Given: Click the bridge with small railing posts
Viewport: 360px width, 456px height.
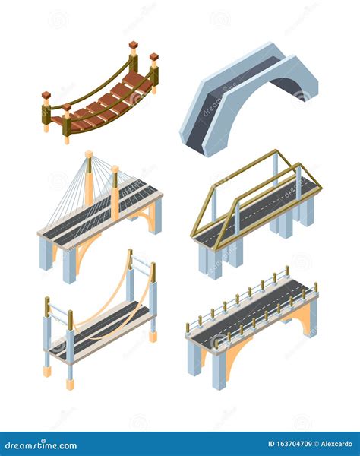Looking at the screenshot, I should [x=251, y=319].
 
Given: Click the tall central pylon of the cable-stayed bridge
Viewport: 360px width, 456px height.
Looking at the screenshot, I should [x=89, y=179].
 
